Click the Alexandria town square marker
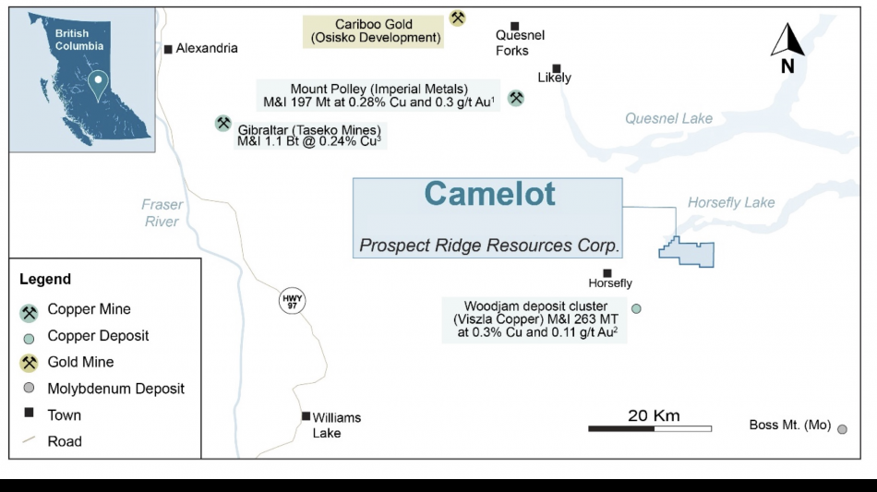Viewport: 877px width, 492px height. pyautogui.click(x=168, y=49)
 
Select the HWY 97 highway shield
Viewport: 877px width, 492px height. pyautogui.click(x=292, y=301)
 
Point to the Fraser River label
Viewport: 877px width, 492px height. pyautogui.click(x=162, y=213)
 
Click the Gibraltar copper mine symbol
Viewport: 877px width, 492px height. pyautogui.click(x=222, y=123)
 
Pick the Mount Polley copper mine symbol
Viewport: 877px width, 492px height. pyautogui.click(x=516, y=97)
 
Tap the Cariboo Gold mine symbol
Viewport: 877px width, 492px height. pyautogui.click(x=457, y=18)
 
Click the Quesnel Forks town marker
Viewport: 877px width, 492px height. pyautogui.click(x=514, y=26)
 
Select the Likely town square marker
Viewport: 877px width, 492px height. pyautogui.click(x=557, y=67)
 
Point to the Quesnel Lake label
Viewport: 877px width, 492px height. pyautogui.click(x=668, y=118)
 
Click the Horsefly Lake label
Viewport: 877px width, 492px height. pyautogui.click(x=731, y=202)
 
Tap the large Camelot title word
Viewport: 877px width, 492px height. pyautogui.click(x=489, y=194)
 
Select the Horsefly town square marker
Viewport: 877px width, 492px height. pyautogui.click(x=607, y=272)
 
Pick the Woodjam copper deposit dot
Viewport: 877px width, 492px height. pyautogui.click(x=635, y=308)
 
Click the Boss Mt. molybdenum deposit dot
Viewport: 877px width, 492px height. pyautogui.click(x=842, y=427)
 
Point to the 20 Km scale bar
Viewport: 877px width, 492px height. pyautogui.click(x=650, y=428)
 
